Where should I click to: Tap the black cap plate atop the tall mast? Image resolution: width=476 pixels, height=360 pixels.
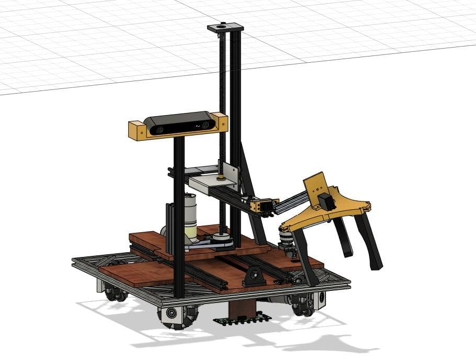pyautogui.click(x=225, y=27)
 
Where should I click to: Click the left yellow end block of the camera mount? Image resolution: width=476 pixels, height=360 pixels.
pyautogui.click(x=137, y=130)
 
